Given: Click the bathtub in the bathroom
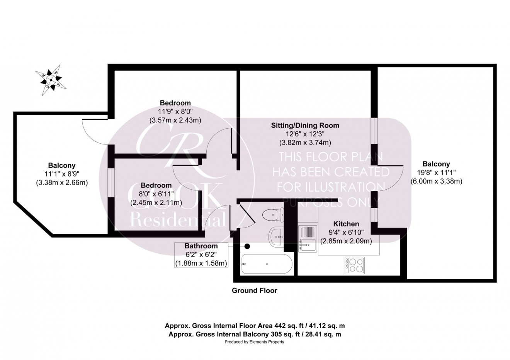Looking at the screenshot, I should click(x=265, y=264).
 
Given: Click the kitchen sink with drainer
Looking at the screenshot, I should click(x=308, y=238).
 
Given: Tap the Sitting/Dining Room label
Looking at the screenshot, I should click(x=305, y=125).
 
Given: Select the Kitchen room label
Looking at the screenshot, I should click(x=346, y=224).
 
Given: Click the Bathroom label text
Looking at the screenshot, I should click(x=201, y=246).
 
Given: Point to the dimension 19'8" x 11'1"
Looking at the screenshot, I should click(x=436, y=172).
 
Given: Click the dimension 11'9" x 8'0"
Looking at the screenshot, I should click(x=175, y=112).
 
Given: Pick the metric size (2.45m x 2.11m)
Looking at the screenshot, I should click(x=156, y=202).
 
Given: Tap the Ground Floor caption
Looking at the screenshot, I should click(x=254, y=290).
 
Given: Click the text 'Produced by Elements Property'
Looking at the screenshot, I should click(x=254, y=342).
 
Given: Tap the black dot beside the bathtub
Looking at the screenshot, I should click(x=247, y=246).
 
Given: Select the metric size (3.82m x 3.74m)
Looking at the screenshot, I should click(x=305, y=143).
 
